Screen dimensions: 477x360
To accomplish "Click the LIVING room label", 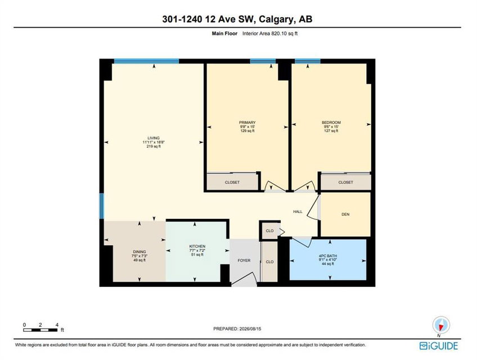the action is click(x=154, y=138).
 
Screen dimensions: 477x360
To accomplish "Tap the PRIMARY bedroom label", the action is click(x=247, y=123).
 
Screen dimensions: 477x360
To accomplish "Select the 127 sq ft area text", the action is click(x=331, y=131).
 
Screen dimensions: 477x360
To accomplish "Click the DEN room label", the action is click(x=345, y=214).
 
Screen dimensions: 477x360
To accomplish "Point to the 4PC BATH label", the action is click(x=327, y=256).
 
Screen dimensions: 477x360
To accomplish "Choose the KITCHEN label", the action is click(x=197, y=246).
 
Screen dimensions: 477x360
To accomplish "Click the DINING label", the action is click(x=139, y=251).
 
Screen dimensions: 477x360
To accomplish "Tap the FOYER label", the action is click(x=244, y=260).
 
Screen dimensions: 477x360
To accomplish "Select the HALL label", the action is click(x=298, y=211).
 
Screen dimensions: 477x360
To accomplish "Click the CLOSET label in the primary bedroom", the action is click(x=232, y=182).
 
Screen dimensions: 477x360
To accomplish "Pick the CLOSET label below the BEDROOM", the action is click(x=345, y=182).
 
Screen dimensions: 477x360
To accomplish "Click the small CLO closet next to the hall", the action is click(x=269, y=231).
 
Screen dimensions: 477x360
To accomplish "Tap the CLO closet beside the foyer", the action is click(x=269, y=262).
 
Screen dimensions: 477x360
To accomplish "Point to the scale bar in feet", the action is click(x=40, y=330).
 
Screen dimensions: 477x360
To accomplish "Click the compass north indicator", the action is click(x=440, y=326).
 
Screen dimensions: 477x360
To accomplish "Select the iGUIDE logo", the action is click(x=438, y=346).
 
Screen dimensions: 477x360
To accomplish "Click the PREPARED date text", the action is click(x=237, y=328).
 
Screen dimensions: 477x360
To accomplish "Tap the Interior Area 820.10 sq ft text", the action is click(x=270, y=34).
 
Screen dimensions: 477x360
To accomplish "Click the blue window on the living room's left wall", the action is click(x=102, y=206).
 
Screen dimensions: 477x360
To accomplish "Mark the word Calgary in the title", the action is click(x=277, y=19).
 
